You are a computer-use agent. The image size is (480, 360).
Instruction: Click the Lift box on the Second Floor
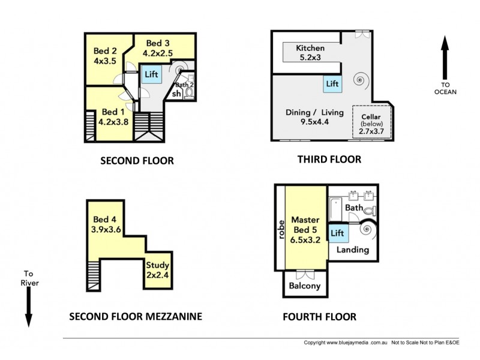click(152, 74)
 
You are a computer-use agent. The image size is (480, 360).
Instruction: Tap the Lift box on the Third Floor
click(332, 84)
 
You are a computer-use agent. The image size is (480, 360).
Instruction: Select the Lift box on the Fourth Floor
click(338, 233)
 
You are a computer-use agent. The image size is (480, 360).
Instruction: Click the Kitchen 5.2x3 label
click(310, 53)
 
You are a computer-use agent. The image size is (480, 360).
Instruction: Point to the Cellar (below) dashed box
click(372, 122)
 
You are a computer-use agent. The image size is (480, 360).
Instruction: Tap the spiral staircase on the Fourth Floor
click(368, 230)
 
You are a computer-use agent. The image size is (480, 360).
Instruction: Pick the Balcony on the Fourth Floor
click(305, 284)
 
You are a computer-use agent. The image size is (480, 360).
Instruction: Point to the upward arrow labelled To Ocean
click(445, 58)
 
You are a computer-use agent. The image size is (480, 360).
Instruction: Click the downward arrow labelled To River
click(29, 307)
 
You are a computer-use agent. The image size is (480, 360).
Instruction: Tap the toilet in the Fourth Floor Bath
click(370, 211)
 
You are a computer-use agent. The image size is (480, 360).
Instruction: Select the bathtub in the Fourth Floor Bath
click(335, 209)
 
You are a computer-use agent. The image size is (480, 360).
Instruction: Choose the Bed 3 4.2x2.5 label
click(158, 48)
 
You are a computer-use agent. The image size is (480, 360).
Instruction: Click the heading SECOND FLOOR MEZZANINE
click(136, 317)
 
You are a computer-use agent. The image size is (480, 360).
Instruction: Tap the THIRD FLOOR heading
click(329, 160)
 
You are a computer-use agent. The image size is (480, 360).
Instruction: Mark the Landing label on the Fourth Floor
click(353, 250)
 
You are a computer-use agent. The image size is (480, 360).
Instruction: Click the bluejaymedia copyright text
click(346, 343)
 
